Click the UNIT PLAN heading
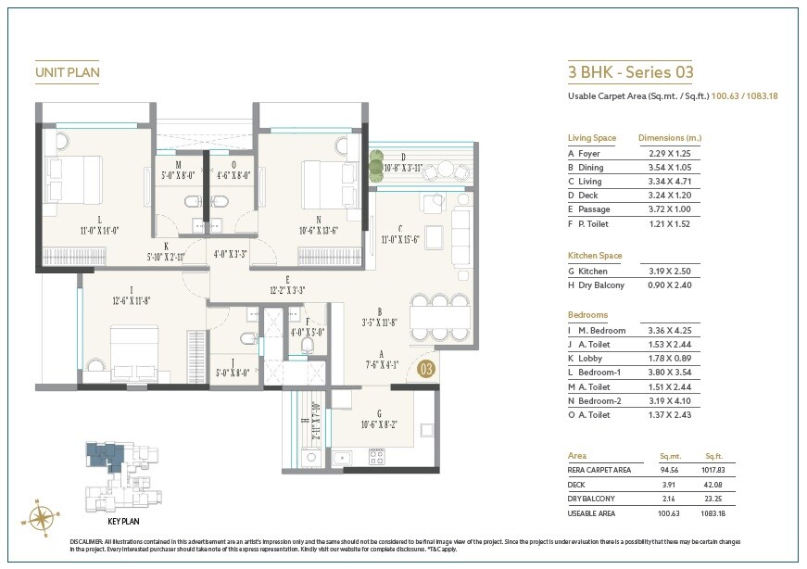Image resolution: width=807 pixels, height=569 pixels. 67,71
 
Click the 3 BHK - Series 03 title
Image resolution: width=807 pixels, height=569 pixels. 630,71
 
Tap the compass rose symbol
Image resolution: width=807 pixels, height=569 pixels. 41,515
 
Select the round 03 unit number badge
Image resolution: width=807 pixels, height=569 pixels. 426,370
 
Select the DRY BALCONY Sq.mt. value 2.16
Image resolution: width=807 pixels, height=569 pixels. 669,498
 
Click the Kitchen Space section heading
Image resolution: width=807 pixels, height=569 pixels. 595,255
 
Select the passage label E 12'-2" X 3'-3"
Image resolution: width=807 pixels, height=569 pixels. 288,284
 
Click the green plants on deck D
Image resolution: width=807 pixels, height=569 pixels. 374,167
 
